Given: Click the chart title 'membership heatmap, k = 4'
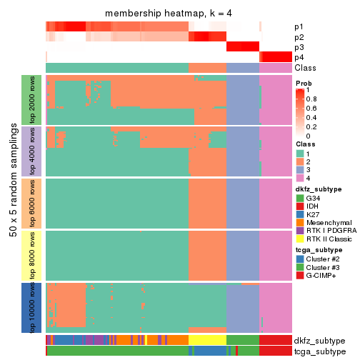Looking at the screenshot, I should (x=169, y=14).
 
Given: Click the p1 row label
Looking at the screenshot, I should (x=299, y=27).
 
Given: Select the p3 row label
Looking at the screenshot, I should (x=299, y=47).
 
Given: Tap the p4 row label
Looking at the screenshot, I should (x=299, y=57).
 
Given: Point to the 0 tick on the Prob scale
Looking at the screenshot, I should (x=310, y=135).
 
